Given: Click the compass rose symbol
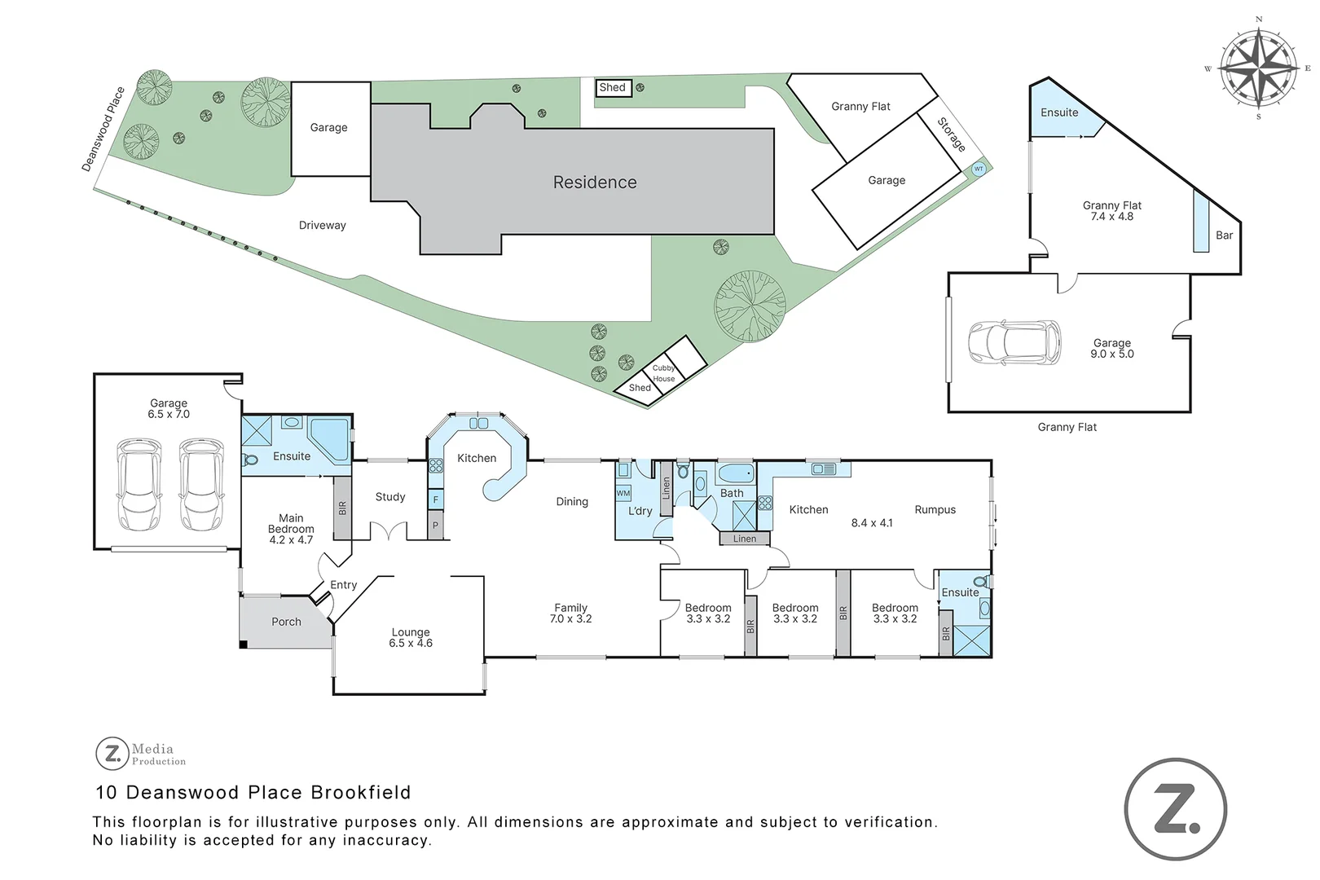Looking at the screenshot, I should pos(1260,68).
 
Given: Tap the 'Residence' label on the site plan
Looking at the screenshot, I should pos(595,183).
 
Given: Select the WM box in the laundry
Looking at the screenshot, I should pos(623,493).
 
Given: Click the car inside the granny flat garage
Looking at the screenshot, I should pos(1014,342).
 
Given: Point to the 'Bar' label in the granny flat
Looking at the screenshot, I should pos(1224,235).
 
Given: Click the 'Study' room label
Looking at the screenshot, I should pos(390,497).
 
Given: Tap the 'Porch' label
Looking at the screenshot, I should pos(286,622).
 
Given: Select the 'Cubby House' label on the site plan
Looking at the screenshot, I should pos(663,373).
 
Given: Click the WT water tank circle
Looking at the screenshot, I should pos(979,169).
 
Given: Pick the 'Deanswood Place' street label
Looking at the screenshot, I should pos(103,130).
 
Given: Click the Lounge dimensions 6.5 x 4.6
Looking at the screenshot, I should pos(411,644).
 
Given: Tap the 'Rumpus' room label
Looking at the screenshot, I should pos(935,510).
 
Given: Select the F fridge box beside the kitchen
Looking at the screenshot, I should pos(436,500).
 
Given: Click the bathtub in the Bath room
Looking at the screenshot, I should pos(737,473).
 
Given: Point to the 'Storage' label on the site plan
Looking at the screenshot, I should pos(951,134).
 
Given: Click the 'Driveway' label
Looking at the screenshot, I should pos(322,226).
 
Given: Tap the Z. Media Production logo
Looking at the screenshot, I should pos(141,754).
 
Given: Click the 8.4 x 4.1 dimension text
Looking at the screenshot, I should pos(872,523).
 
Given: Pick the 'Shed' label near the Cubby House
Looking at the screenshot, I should pos(640,388).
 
